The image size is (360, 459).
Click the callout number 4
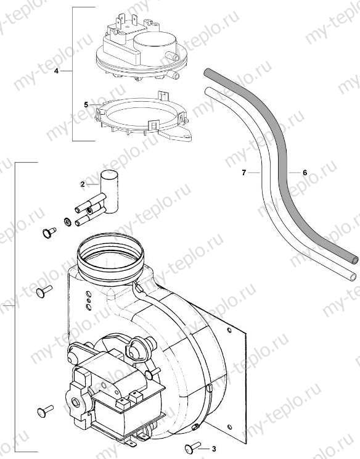pyautogui.click(x=56, y=72)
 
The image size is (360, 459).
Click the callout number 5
pyautogui.click(x=87, y=105)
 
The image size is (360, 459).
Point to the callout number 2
pyautogui.click(x=81, y=184)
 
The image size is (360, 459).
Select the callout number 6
pyautogui.click(x=305, y=173)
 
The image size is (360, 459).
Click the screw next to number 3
pyautogui.click(x=190, y=447)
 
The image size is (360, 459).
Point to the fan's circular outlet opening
pyautogui.click(x=112, y=254)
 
